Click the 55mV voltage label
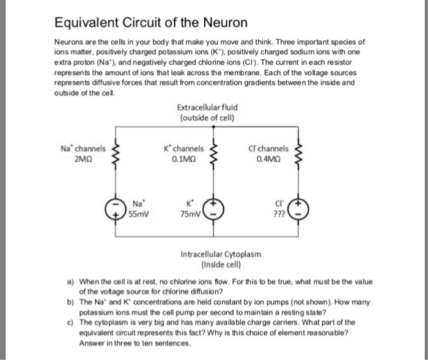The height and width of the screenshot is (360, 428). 139,215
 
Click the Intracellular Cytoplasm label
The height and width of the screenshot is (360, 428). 221,254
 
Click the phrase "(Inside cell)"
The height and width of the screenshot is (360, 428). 221,265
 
